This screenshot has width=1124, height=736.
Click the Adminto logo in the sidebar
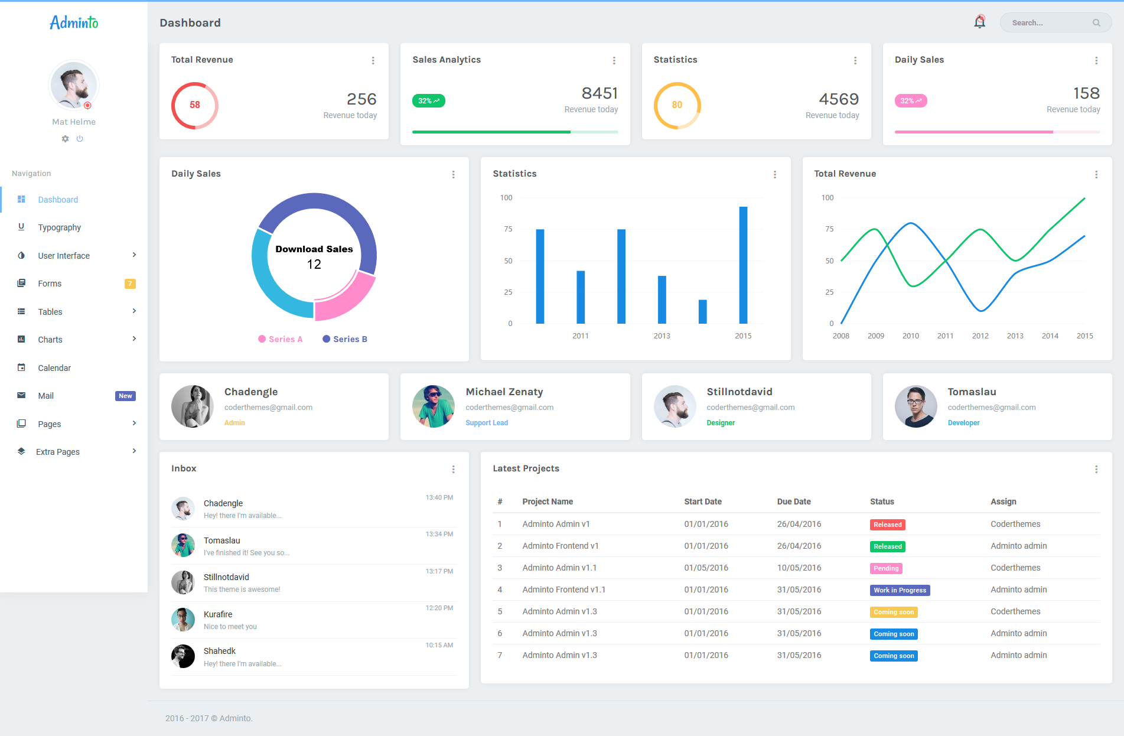point(74,22)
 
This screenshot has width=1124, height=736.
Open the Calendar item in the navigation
point(54,368)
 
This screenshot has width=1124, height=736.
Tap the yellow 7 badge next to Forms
point(130,284)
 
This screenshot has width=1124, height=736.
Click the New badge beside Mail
point(125,396)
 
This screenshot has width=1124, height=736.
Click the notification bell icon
point(979,22)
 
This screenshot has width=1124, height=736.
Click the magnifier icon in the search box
point(1096,23)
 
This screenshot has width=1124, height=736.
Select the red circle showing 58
point(194,105)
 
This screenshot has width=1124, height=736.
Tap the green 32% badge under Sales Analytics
point(428,101)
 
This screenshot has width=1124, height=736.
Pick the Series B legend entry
point(345,339)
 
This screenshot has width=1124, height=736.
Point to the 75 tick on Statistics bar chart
point(508,229)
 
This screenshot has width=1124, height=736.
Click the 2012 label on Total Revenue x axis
point(980,336)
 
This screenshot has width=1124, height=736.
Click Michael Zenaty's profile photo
point(434,406)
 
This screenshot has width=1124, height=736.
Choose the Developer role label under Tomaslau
point(963,423)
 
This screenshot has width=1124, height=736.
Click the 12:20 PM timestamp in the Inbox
point(439,608)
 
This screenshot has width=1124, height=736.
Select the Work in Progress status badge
point(900,590)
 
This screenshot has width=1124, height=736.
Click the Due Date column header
point(793,501)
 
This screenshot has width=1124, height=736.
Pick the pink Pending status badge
point(885,568)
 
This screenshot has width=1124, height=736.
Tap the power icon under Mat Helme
point(80,139)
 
